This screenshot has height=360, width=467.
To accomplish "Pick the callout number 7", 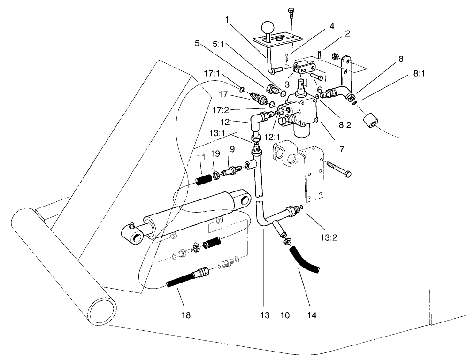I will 342,149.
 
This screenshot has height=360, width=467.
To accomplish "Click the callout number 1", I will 227,20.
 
